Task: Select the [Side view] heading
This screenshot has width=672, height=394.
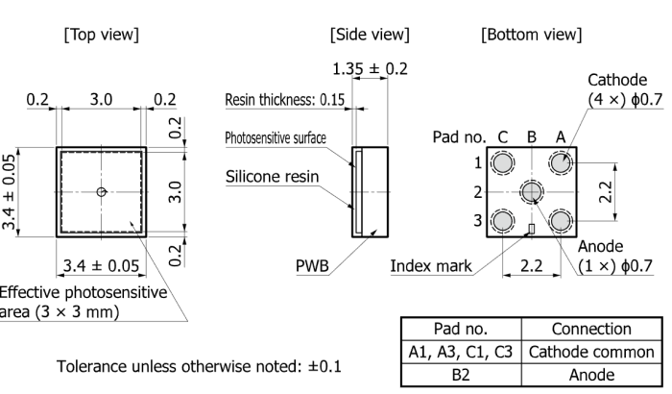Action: coord(370,35)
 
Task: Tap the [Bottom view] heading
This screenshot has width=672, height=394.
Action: coord(528,35)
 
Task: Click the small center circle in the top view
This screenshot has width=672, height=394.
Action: coord(102,192)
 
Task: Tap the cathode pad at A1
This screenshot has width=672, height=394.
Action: coord(561,163)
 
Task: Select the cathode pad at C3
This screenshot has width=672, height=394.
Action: coord(501,223)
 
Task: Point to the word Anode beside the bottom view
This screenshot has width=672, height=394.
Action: coord(601,246)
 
